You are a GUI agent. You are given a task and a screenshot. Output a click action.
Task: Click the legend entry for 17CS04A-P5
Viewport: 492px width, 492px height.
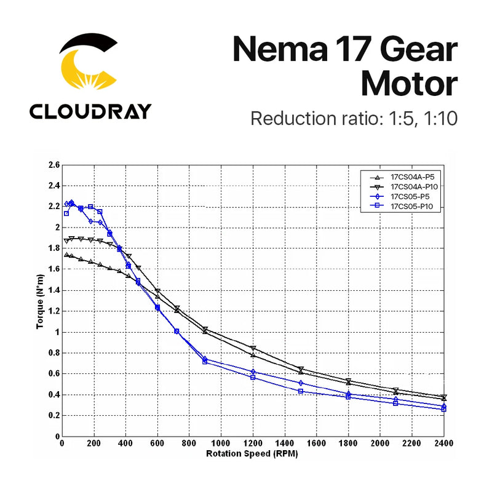coord(411,176)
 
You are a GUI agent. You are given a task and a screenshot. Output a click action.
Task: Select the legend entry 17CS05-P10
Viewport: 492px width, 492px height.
coord(411,207)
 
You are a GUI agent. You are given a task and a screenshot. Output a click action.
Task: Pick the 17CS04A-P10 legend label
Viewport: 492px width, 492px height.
coord(413,186)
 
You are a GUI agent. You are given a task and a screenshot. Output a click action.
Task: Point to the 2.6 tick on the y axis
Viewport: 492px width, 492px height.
coord(54,165)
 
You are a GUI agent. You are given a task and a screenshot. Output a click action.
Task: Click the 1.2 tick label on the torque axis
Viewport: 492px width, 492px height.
coord(54,311)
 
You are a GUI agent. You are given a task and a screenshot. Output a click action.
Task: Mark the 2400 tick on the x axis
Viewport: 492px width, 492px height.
coord(444,443)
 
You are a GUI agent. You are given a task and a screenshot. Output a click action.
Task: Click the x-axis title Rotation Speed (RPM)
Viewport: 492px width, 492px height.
coord(253,454)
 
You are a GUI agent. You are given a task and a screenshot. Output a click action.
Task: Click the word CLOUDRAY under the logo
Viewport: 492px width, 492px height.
coord(90,111)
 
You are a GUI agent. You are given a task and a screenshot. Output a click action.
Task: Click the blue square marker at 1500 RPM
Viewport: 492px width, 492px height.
coord(301,391)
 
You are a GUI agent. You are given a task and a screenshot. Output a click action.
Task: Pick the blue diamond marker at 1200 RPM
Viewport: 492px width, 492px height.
coord(253,371)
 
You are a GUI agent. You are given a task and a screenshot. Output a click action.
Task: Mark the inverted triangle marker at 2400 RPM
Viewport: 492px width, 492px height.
coord(444,397)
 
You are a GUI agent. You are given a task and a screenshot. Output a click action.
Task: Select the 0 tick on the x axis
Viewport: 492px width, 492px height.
coord(62,443)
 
